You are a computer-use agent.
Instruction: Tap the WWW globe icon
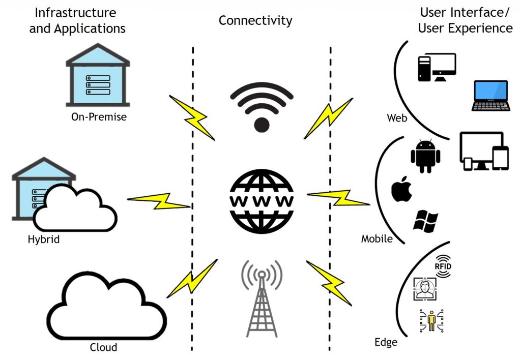tap(262, 200)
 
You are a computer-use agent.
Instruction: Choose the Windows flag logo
tap(426, 220)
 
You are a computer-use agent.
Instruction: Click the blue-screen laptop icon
tap(490, 95)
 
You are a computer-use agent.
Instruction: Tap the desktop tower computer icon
tap(436, 67)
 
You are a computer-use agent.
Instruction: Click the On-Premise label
tap(99, 117)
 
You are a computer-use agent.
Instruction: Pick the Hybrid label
tap(44, 238)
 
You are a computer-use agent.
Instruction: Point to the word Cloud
tap(103, 347)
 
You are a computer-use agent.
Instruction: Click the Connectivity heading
tap(255, 20)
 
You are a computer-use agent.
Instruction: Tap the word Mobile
tap(377, 238)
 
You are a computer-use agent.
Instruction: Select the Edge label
tap(385, 342)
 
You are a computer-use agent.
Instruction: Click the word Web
tap(397, 118)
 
